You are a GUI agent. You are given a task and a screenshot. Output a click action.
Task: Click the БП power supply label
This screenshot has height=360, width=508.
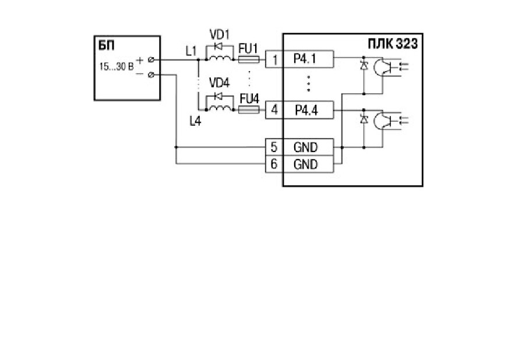(x=106, y=45)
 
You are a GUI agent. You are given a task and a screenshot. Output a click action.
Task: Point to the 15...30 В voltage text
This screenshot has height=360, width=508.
(x=117, y=66)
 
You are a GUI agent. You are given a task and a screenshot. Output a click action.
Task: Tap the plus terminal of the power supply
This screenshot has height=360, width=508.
(x=151, y=59)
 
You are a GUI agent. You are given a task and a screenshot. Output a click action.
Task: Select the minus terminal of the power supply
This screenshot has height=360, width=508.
(x=151, y=75)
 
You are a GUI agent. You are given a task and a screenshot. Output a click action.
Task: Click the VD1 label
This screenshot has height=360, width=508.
(x=219, y=34)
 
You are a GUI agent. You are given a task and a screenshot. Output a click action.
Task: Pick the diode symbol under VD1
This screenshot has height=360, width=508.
(x=218, y=47)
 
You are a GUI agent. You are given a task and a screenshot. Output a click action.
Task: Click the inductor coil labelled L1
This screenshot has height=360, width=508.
(x=220, y=58)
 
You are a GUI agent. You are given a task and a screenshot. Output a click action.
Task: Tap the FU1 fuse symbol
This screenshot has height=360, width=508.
(x=249, y=59)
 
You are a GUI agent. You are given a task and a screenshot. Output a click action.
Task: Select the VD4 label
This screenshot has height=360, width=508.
(x=219, y=83)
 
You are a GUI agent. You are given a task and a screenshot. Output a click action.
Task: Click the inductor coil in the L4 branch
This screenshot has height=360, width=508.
(x=220, y=108)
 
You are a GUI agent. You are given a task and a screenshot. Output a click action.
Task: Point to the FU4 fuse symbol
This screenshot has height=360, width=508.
(x=249, y=110)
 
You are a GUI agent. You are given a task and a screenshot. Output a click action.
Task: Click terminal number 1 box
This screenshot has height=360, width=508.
(x=274, y=59)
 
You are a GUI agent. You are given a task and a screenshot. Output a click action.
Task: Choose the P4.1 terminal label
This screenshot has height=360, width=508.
(x=305, y=59)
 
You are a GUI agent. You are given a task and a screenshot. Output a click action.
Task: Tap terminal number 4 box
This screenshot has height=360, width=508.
(x=274, y=110)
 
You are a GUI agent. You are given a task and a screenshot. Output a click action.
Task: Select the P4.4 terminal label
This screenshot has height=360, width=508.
(x=306, y=110)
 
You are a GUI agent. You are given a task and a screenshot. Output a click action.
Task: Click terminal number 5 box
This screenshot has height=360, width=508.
(x=274, y=147)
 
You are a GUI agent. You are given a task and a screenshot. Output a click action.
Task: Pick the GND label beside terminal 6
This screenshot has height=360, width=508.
(x=305, y=164)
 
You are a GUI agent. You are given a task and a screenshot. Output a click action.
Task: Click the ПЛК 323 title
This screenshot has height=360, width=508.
(x=393, y=44)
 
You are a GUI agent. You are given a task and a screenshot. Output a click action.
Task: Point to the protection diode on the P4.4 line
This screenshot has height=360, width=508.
(x=364, y=119)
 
